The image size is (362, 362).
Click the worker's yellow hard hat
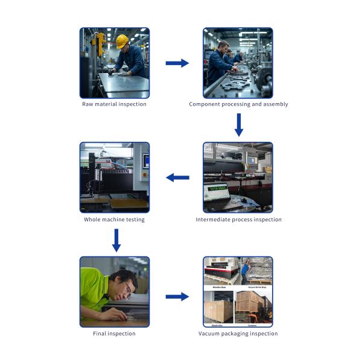[x=122, y=41]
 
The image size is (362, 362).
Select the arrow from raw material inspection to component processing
[x=177, y=63]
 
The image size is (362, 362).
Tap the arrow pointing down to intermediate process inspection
[x=238, y=124]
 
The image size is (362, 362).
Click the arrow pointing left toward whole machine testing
[x=177, y=177]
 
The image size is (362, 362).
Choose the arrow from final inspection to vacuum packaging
[x=177, y=296]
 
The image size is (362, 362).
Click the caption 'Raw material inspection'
[x=114, y=104]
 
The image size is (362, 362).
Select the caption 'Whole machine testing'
[x=114, y=220]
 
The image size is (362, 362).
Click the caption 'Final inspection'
[x=114, y=334]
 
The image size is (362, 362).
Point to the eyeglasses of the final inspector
[x=128, y=293]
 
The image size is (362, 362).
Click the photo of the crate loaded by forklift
[x=254, y=308]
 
